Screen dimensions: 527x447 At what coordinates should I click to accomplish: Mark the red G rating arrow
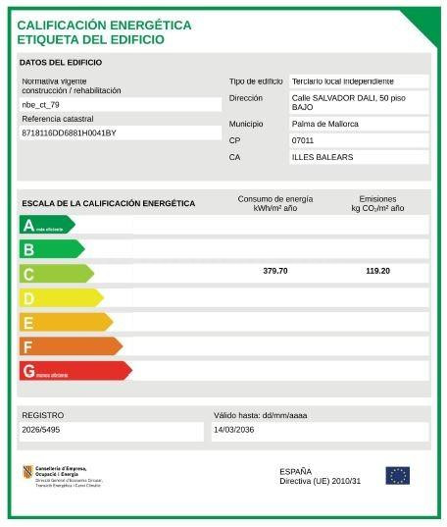click(74, 371)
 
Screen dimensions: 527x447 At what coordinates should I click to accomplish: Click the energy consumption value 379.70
click(275, 271)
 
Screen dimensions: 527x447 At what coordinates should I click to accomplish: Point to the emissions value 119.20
click(377, 271)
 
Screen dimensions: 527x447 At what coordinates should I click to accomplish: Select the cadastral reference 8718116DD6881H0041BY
click(69, 132)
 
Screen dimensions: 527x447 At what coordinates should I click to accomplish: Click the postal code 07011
click(303, 140)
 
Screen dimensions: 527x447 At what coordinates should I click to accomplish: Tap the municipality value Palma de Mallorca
click(324, 124)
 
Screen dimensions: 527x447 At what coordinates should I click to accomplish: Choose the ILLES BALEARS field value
click(323, 157)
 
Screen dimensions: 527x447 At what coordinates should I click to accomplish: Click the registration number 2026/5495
click(41, 430)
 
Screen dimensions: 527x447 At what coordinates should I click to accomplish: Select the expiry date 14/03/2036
click(234, 430)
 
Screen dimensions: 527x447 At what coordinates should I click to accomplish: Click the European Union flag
click(397, 476)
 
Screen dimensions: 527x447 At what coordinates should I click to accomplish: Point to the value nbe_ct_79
click(40, 104)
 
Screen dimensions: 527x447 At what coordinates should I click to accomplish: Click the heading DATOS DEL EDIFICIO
click(61, 63)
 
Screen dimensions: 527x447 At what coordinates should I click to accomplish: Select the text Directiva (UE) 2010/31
click(321, 481)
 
